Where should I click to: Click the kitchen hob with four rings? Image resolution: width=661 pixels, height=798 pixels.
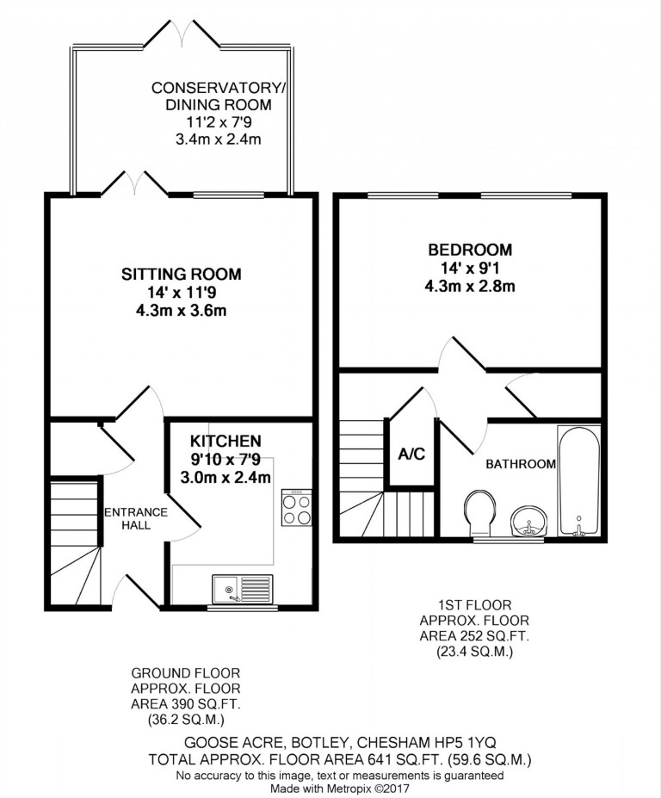(297, 507)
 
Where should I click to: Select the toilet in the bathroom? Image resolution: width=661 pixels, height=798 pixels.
(479, 512)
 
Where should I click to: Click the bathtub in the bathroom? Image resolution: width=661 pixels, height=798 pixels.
(578, 480)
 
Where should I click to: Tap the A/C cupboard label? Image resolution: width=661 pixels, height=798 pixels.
(411, 454)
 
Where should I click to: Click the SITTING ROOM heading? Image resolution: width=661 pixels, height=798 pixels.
(181, 275)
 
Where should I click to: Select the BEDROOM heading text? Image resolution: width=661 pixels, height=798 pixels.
(470, 250)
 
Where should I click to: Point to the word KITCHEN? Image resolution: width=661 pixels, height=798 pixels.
(225, 441)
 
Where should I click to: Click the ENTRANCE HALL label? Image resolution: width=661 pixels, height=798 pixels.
(136, 518)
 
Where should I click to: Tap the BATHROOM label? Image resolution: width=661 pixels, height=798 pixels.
(521, 464)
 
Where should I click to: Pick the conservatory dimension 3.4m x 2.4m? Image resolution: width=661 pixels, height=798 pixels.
(219, 139)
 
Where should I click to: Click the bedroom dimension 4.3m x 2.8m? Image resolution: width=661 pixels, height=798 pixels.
(470, 286)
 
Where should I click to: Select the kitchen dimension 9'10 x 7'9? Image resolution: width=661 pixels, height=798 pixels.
(225, 460)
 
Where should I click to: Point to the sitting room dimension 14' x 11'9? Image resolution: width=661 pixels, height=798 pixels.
(181, 292)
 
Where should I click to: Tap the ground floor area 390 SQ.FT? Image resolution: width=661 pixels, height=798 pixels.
(185, 704)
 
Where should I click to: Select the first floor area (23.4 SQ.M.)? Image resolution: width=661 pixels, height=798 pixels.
(474, 652)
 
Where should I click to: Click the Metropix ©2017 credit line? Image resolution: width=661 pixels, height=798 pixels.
(339, 789)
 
